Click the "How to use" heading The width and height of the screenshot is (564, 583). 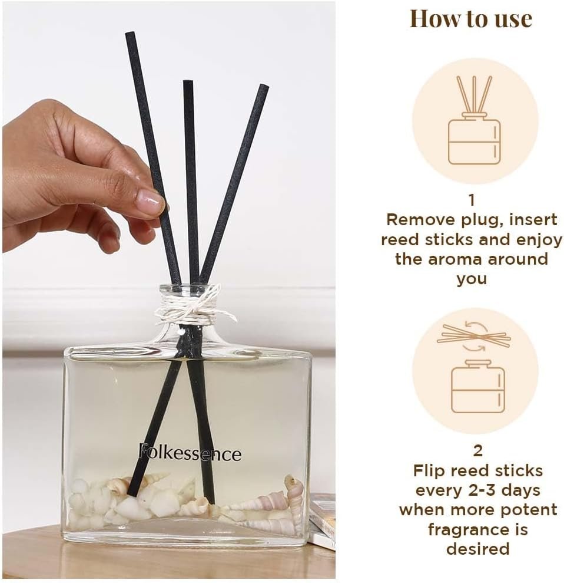pyautogui.click(x=471, y=19)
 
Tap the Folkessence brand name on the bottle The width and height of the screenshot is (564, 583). pyautogui.click(x=190, y=453)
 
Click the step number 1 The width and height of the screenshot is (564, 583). pyautogui.click(x=472, y=200)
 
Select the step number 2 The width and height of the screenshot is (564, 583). pyautogui.click(x=478, y=450)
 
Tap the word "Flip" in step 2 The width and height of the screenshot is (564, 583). pyautogui.click(x=429, y=471)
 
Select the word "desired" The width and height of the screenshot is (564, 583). pyautogui.click(x=477, y=548)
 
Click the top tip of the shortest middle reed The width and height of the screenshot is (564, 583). pyautogui.click(x=188, y=82)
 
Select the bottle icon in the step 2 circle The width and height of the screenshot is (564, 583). pyautogui.click(x=478, y=386)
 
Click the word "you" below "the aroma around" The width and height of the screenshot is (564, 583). pyautogui.click(x=472, y=279)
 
